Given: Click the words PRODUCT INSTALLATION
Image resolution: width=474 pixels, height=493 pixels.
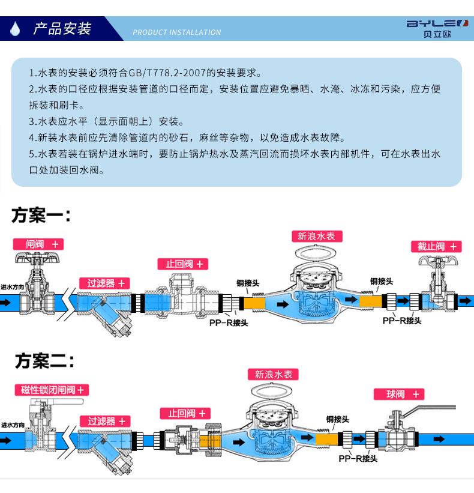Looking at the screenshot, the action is pos(176,32).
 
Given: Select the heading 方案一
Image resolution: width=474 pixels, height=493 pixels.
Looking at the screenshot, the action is pos(41,215).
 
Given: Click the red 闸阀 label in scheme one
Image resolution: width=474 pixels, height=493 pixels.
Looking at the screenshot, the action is pos(38,244).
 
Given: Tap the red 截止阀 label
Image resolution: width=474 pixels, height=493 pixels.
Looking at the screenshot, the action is pos(436,246).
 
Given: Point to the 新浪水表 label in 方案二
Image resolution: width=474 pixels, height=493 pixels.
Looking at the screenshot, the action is pos(274,374).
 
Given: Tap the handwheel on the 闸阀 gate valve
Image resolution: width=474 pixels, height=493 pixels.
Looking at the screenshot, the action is pos(38,259).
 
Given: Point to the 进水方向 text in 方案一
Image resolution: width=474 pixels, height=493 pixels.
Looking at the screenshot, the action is pos(13,287).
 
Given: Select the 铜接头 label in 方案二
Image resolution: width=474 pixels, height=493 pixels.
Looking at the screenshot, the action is pos(338,419).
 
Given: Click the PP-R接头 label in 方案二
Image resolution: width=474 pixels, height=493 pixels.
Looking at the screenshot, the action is pos(358,459).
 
